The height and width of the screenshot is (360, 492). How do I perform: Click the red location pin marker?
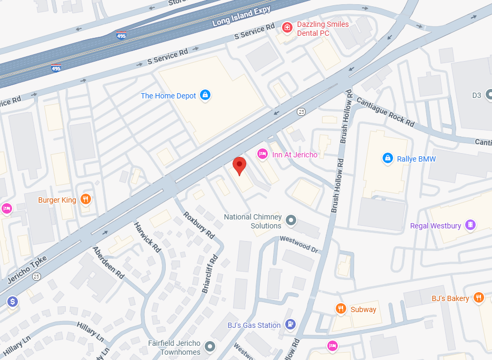tap(239, 165)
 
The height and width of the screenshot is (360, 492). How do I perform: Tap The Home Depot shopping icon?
tap(206, 95)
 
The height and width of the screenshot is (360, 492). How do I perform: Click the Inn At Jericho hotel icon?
tap(262, 154)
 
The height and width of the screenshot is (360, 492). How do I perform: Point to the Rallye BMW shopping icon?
tap(388, 158)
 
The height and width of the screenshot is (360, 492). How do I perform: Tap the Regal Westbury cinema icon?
tap(471, 225)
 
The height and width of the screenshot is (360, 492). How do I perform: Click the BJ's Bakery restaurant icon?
tap(478, 298)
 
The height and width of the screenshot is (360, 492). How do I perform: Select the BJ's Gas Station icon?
tap(290, 324)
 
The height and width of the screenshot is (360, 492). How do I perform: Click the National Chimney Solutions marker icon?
tap(291, 221)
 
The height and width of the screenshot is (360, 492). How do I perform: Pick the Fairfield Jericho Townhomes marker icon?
tap(210, 346)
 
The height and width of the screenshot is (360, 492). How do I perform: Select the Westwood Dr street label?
tap(300, 244)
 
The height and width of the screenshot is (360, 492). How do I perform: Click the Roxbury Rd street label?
tap(199, 224)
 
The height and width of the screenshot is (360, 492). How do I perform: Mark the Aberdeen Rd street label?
tap(108, 262)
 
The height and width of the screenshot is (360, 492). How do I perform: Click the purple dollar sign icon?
tap(13, 301)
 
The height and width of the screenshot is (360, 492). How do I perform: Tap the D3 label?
tap(477, 95)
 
